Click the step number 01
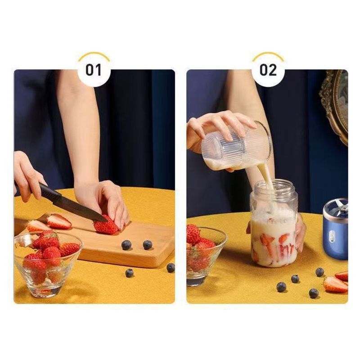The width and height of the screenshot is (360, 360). coord(94,70)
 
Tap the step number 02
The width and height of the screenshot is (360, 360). coord(268,70)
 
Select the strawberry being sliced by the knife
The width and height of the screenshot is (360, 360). coord(105,225)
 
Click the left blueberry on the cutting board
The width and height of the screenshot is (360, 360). coord(126,245)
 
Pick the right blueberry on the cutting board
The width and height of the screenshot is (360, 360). coord(148,245)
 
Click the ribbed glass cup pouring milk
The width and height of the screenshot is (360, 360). coord(237,147)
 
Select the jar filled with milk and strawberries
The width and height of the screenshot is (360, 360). coord(274,224)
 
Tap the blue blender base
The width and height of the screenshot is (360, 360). coord(336,232)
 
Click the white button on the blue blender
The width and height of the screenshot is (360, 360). coord(332,236)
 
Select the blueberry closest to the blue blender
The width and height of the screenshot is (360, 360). coord(319,272)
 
